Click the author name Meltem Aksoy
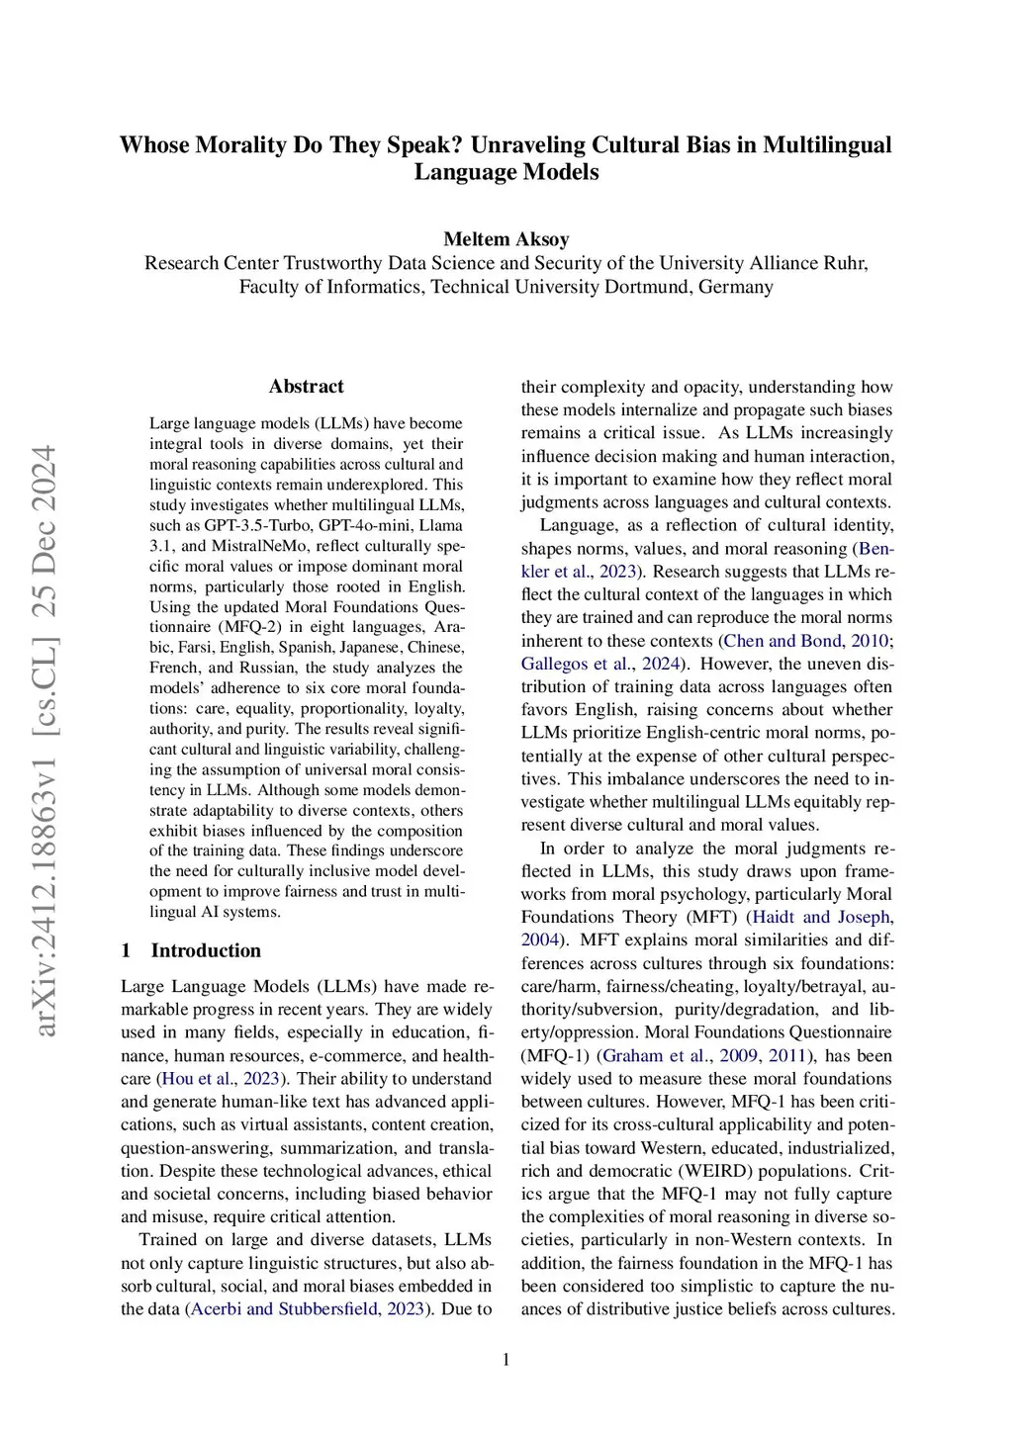[x=506, y=239]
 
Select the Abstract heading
[x=306, y=387]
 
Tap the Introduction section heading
[x=206, y=950]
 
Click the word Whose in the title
[x=154, y=145]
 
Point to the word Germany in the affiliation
[x=735, y=287]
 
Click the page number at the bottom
[x=506, y=1360]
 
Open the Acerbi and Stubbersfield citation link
[x=308, y=1309]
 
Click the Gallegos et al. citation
[x=586, y=664]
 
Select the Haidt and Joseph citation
[x=822, y=918]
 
